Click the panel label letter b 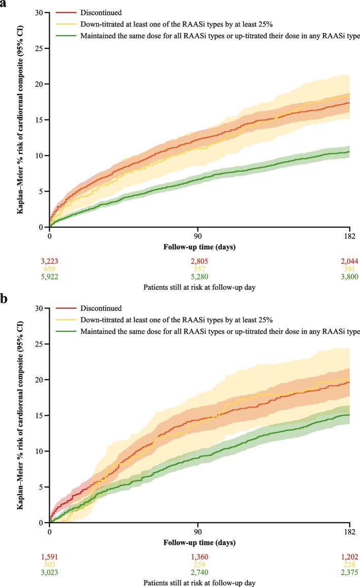coord(5,299)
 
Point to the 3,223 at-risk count coord(49,261)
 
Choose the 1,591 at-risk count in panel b coord(49,557)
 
